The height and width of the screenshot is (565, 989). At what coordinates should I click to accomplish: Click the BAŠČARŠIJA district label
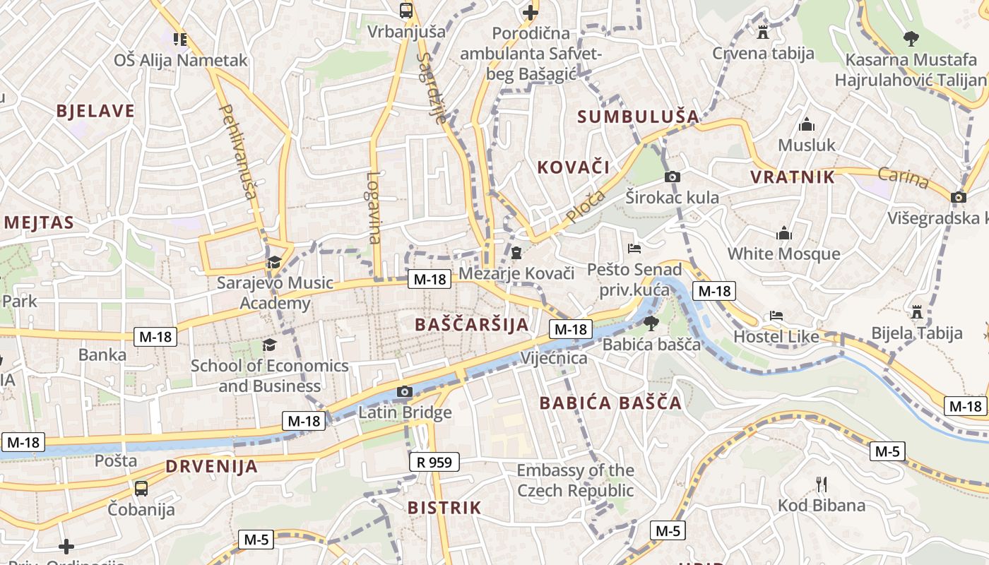point(472,325)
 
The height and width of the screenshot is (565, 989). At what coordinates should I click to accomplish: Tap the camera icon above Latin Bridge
point(405,391)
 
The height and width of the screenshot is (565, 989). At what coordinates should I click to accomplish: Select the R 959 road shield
point(434,463)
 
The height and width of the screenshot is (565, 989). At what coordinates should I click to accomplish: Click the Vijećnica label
point(554,358)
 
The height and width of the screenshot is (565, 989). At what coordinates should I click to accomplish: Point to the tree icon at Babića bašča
point(651,323)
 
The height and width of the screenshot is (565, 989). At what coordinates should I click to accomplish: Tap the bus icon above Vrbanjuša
point(406,11)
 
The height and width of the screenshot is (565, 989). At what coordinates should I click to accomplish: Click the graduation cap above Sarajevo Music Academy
point(273,262)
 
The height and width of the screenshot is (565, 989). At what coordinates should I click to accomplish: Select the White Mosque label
point(783,254)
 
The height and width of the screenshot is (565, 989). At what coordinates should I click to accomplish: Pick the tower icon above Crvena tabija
point(762,32)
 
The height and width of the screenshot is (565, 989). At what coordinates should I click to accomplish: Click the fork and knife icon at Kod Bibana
point(821,484)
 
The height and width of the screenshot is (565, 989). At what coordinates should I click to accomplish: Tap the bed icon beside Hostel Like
point(776,316)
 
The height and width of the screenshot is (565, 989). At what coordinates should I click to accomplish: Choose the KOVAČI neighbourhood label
point(573,167)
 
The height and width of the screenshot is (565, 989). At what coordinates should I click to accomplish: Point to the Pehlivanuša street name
point(239,151)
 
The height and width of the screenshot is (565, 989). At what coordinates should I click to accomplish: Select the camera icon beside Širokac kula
point(673,177)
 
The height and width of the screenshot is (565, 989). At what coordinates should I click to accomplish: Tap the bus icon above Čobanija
point(141,488)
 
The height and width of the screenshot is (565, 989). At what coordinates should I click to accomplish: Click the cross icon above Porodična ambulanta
point(530,12)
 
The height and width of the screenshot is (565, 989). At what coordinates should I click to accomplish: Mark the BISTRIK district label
point(444,508)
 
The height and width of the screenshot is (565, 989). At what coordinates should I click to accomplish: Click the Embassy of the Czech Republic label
point(575,480)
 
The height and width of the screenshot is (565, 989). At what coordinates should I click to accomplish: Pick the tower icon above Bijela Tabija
point(917,311)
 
